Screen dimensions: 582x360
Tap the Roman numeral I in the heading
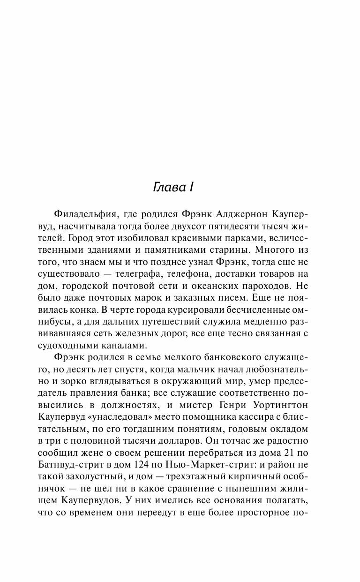click(192, 187)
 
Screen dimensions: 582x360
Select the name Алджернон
click(240, 215)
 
